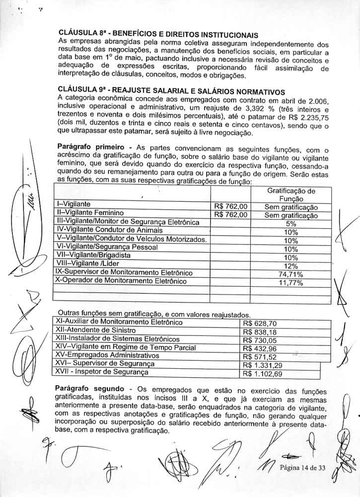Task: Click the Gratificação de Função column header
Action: (x=291, y=195)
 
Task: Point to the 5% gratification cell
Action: (x=291, y=224)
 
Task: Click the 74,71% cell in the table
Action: (x=291, y=274)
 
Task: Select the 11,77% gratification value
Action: (x=291, y=282)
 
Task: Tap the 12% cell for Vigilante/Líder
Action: (x=291, y=265)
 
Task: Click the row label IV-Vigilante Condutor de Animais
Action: (x=110, y=231)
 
